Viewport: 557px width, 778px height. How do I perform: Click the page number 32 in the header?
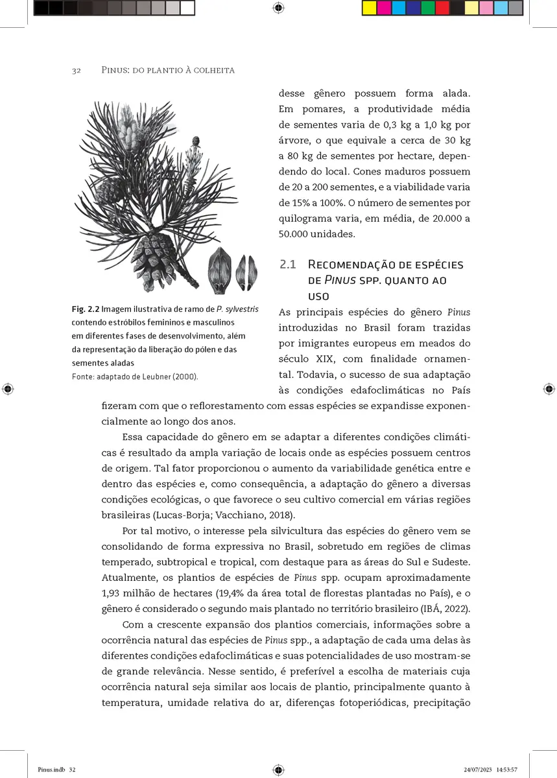coord(76,70)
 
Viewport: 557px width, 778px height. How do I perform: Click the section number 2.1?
coord(287,265)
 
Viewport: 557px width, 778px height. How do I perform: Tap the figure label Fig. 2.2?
coord(86,309)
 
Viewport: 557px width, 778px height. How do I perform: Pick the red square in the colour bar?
coord(442,8)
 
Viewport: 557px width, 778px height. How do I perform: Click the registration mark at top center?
coord(278,8)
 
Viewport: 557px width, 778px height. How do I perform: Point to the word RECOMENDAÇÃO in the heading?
coord(355,265)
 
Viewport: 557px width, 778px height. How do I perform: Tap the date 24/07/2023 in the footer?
coord(478,770)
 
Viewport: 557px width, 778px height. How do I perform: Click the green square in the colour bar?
coord(427,8)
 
